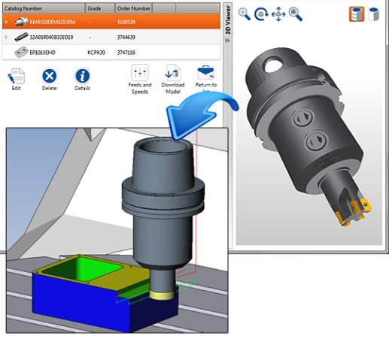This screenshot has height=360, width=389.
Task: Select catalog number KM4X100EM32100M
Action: pos(54,23)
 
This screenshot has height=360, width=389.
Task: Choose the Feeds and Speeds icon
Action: pos(140,73)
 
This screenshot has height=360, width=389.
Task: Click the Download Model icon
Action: pos(172,73)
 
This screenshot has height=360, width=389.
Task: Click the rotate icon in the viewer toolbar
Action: pos(261,14)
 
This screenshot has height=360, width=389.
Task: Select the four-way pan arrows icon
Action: pos(278,14)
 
